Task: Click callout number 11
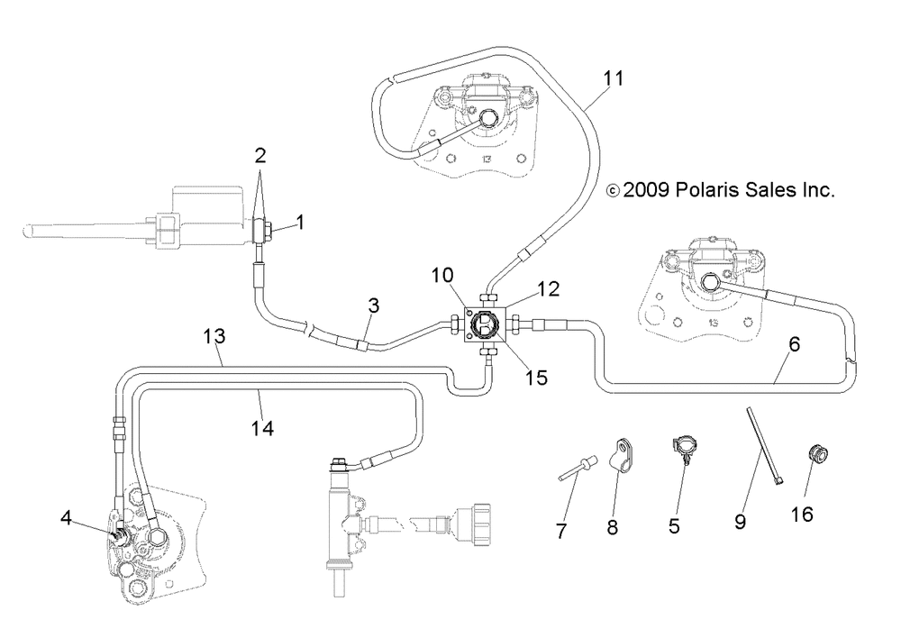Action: [x=613, y=77]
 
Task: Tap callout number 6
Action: [x=794, y=343]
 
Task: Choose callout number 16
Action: [x=802, y=515]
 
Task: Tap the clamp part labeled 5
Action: [x=683, y=448]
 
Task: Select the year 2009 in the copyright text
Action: [x=648, y=190]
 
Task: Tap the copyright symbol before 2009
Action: [x=613, y=191]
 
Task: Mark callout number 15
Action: [x=536, y=378]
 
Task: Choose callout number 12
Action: [x=549, y=288]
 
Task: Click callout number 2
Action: [x=260, y=155]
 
